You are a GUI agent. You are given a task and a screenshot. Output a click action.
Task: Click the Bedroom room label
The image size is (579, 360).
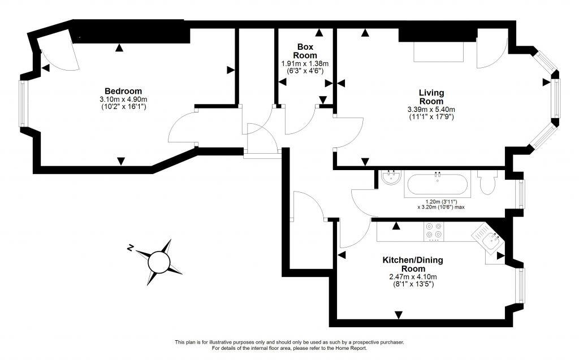tap(123, 91)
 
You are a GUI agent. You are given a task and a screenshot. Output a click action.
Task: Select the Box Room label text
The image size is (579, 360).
tap(305, 51)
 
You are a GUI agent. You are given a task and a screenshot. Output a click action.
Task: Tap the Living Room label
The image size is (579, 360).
tap(431, 97)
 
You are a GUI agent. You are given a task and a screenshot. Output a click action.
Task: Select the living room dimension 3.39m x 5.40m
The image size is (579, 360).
tap(431, 110)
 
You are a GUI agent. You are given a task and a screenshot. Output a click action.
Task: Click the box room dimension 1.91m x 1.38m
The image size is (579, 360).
tap(305, 64)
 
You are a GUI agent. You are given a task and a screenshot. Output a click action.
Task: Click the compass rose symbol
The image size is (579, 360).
tap(159, 261)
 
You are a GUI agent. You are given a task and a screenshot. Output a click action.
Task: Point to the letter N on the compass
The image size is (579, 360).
tap(130, 248)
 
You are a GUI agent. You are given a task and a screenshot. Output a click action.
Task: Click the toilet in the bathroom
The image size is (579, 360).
tap(487, 183)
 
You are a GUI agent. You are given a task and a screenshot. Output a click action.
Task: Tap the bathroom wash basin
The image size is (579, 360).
tap(391, 179)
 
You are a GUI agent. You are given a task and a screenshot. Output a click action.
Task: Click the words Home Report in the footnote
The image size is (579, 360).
tap(355, 348)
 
